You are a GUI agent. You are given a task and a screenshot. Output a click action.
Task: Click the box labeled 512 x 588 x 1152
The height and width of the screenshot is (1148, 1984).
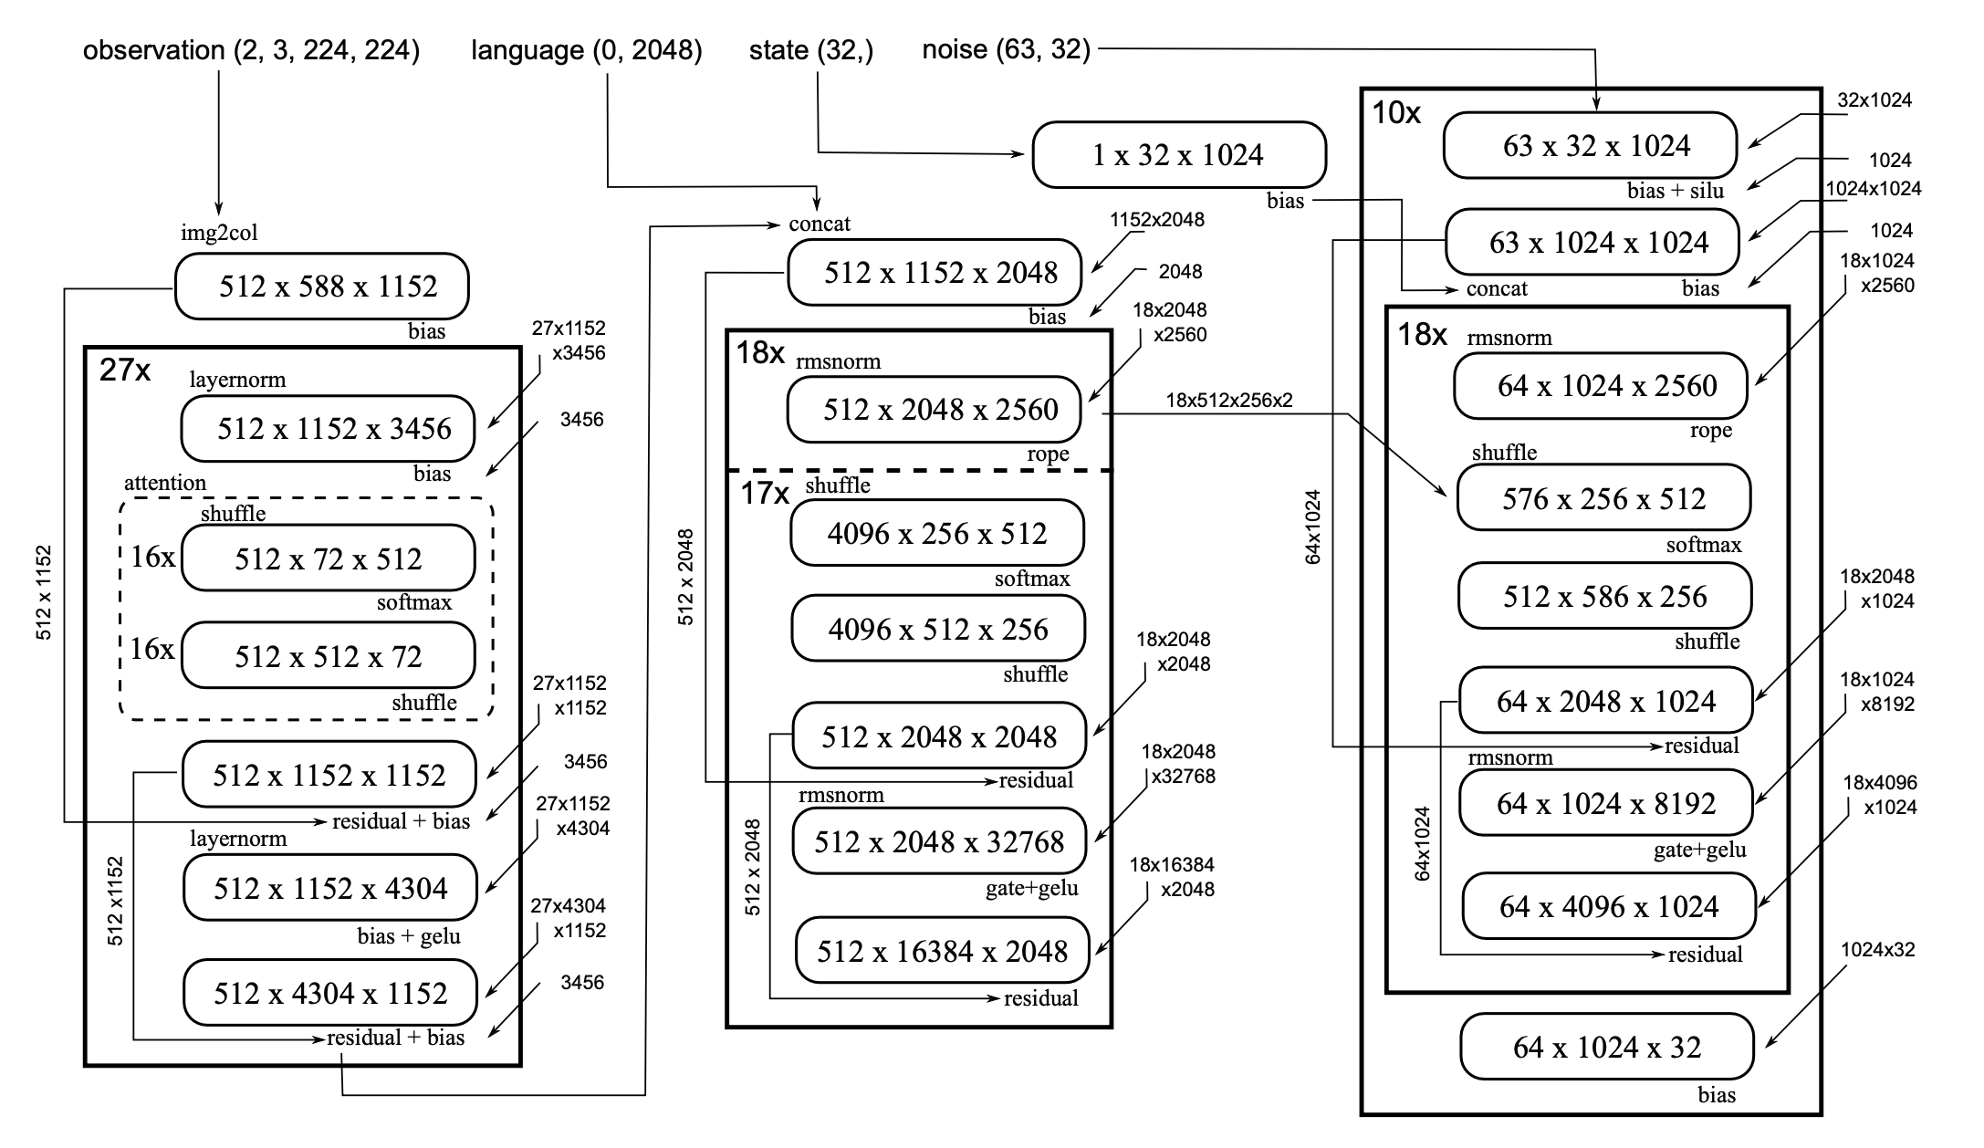321,287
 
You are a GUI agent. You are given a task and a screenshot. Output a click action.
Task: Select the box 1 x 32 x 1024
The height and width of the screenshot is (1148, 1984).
1178,155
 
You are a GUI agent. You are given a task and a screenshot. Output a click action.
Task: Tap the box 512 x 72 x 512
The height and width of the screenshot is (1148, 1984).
328,558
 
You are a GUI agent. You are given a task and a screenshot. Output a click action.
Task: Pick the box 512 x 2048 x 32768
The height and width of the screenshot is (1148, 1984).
939,841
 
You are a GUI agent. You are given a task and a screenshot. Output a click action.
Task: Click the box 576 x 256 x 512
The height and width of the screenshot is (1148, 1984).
1603,498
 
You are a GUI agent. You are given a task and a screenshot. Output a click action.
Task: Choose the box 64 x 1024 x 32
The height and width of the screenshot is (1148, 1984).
1606,1047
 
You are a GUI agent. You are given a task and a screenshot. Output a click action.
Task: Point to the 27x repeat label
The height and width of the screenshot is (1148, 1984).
125,370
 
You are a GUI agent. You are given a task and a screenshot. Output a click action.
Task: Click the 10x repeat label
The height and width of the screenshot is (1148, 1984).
1396,113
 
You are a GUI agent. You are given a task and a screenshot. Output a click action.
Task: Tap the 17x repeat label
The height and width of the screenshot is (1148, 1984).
764,494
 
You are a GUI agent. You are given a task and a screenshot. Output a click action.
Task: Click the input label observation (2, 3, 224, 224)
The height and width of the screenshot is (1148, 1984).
251,50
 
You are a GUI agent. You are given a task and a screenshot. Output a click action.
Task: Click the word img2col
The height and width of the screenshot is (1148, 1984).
219,233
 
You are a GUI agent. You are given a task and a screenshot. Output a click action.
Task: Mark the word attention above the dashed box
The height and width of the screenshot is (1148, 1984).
165,483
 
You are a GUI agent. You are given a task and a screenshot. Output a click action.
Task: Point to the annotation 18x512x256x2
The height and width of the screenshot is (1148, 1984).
1228,401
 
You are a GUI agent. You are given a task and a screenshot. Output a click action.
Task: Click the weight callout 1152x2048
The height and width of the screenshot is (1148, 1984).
1156,220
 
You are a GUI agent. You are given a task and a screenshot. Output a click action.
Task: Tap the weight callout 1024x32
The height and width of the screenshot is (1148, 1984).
1877,950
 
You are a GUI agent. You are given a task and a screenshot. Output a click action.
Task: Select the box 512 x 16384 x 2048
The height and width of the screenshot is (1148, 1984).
942,951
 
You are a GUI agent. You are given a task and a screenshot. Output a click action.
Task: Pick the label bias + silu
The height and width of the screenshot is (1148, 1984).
1676,191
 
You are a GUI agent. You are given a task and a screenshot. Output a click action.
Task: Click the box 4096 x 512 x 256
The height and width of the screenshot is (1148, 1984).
938,630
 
